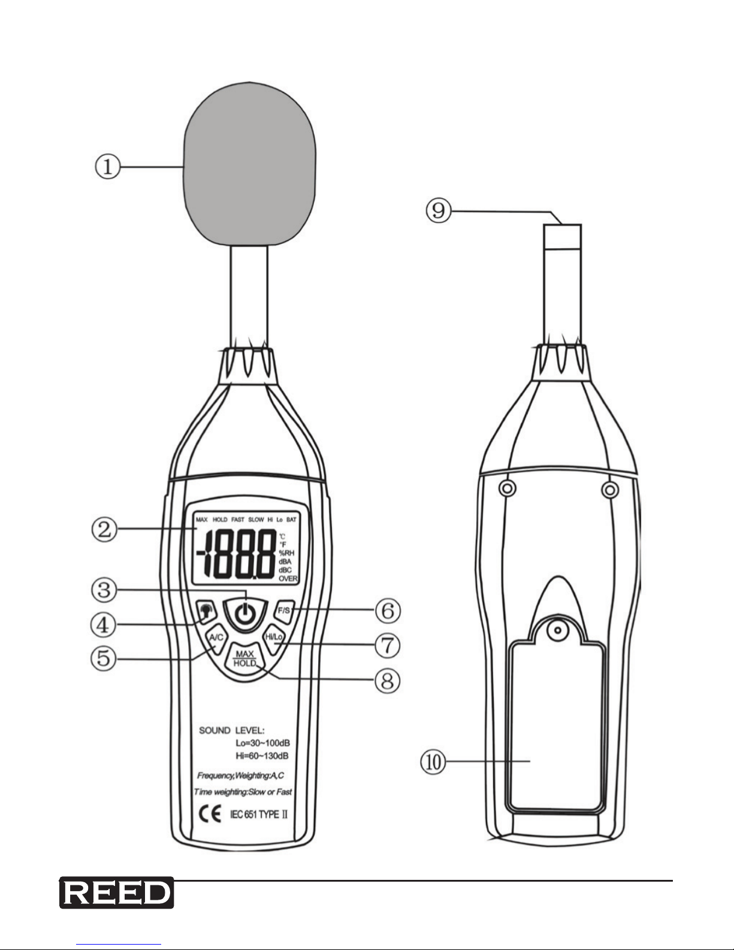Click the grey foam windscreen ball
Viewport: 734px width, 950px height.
[249, 164]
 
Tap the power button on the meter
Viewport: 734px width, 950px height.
[245, 614]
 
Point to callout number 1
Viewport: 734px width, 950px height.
[107, 167]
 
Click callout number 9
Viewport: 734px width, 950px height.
[438, 211]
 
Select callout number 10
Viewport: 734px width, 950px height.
[433, 762]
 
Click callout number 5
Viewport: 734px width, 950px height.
[104, 658]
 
